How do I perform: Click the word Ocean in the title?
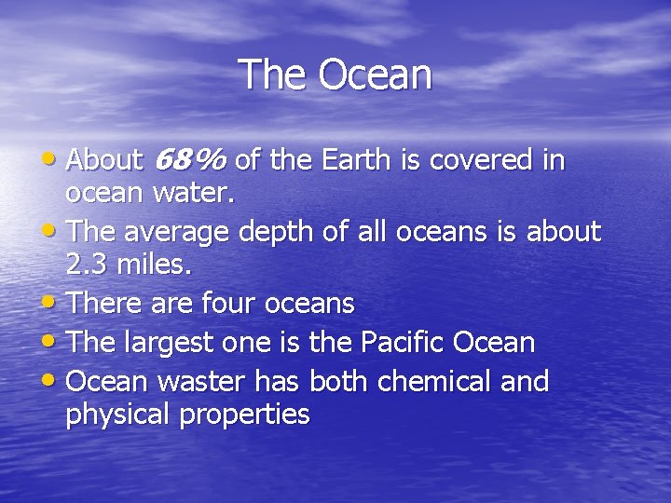(x=376, y=75)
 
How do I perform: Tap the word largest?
(x=175, y=343)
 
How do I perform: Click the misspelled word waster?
(x=200, y=382)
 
